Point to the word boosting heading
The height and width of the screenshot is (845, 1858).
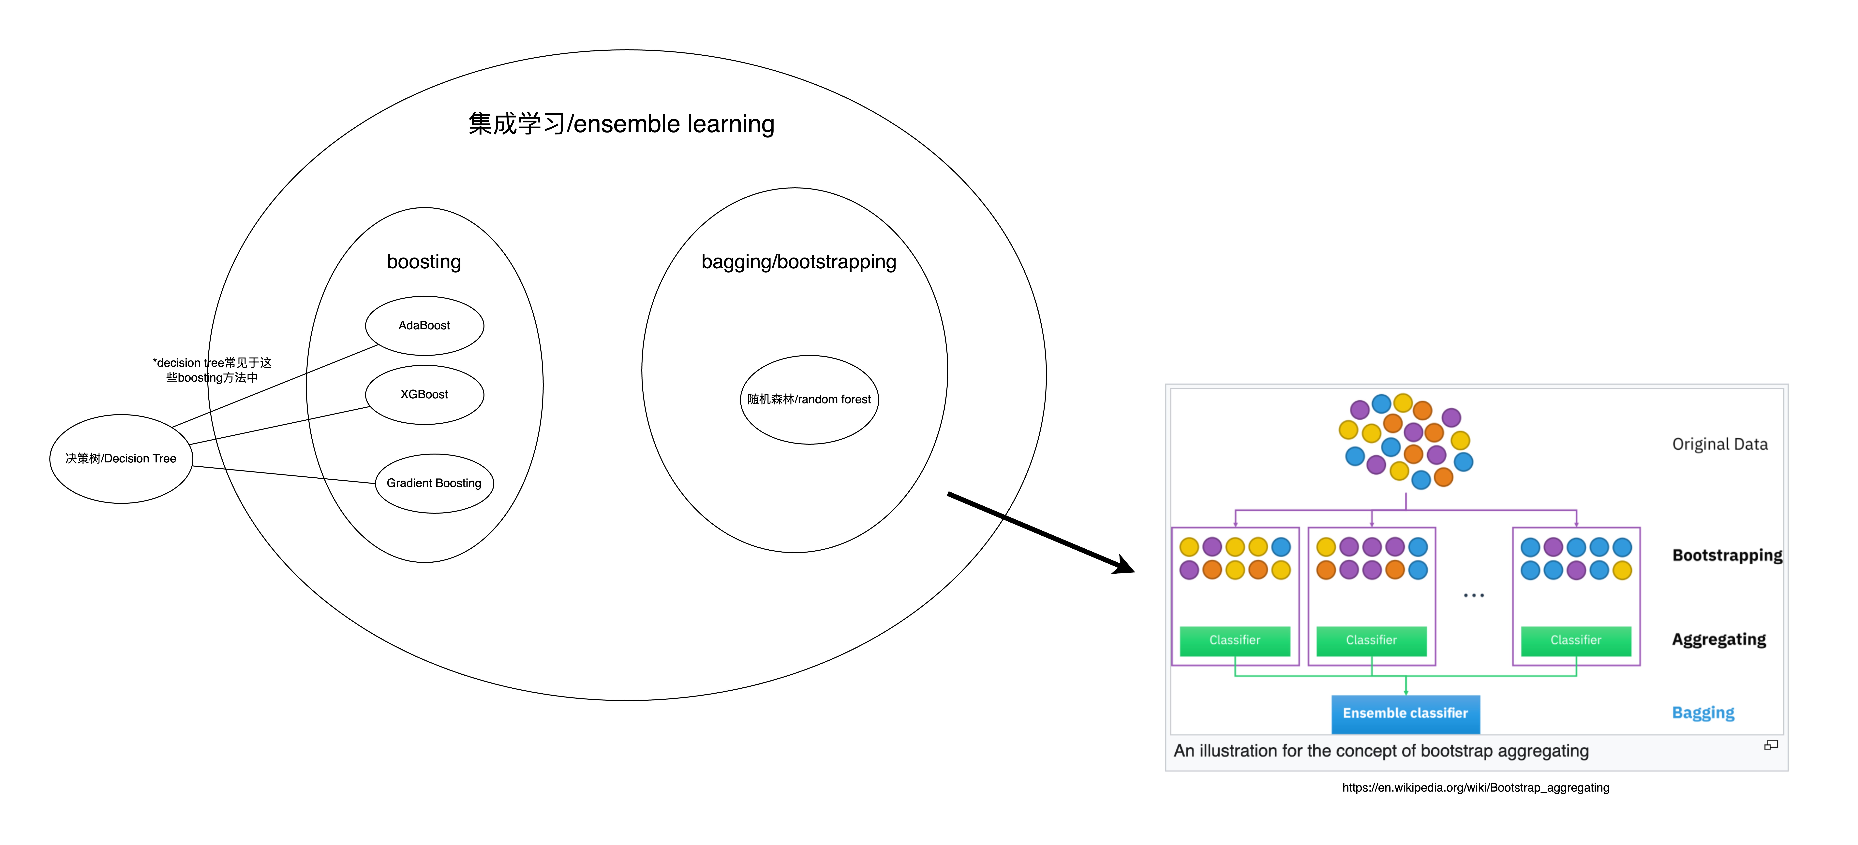[424, 262]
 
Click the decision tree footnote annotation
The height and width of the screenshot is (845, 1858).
[212, 370]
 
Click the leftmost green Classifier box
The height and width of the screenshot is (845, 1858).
[1235, 640]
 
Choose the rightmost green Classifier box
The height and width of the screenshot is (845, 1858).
[1576, 640]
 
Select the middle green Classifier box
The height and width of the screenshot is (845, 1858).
[1371, 640]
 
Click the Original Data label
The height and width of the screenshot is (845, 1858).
[1720, 444]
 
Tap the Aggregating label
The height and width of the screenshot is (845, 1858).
[1719, 640]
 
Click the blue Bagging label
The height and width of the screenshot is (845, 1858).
[1703, 713]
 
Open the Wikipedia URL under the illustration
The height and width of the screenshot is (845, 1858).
[1476, 787]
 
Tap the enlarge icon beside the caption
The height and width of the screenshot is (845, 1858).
[1771, 745]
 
